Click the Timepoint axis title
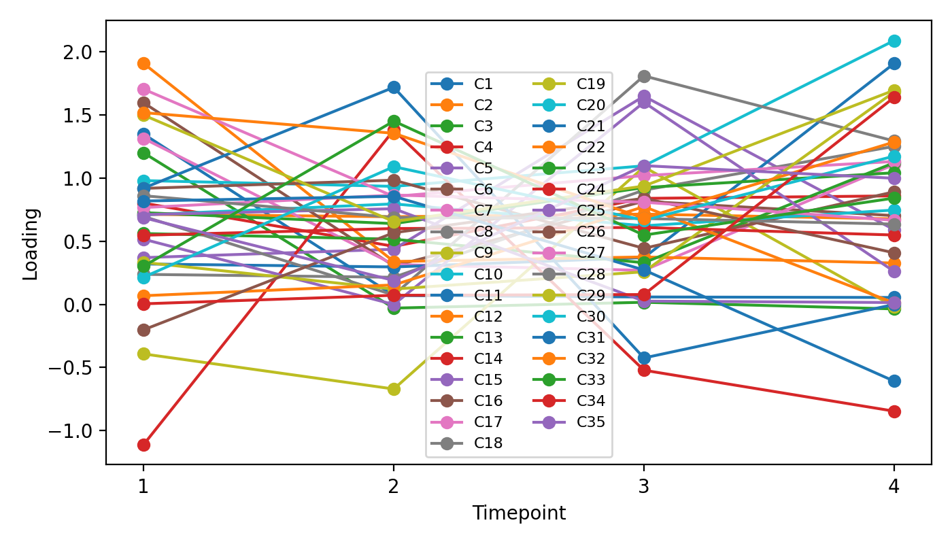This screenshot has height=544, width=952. (x=519, y=513)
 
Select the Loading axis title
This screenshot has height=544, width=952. (x=31, y=243)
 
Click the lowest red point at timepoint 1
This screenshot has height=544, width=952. (x=143, y=445)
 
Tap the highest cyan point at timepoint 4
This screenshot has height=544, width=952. (x=894, y=41)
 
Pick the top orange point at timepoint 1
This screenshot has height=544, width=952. (x=143, y=64)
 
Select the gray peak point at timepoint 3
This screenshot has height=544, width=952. (x=644, y=76)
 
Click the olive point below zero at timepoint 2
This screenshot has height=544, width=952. (x=394, y=389)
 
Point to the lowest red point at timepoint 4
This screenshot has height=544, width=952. (x=894, y=411)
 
